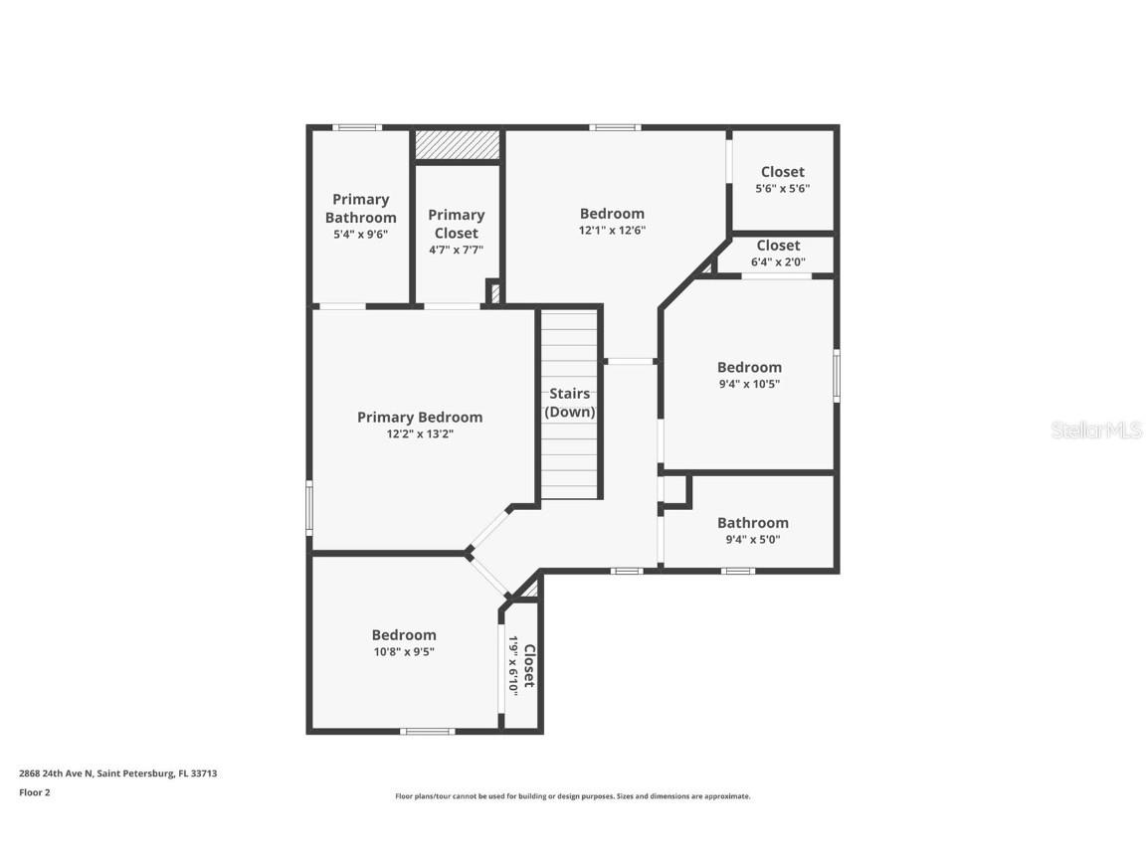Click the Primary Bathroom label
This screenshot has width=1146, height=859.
(x=360, y=209)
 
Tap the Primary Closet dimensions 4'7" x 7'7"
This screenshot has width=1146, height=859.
(x=456, y=250)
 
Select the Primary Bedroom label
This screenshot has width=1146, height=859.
(x=420, y=418)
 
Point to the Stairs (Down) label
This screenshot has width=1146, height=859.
(x=570, y=403)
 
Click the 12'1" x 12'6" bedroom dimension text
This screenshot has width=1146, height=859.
(x=612, y=231)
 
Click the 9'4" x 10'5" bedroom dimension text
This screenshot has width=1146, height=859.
(x=749, y=384)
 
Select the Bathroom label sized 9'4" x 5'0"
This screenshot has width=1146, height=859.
(x=752, y=523)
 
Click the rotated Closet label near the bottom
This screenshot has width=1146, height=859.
(x=529, y=665)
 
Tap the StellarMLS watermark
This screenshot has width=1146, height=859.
(x=1097, y=430)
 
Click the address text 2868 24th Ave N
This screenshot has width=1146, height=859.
(x=117, y=773)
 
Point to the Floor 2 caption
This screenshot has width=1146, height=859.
(x=34, y=792)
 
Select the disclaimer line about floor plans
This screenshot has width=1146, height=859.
(x=573, y=796)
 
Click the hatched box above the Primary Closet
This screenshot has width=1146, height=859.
(x=457, y=144)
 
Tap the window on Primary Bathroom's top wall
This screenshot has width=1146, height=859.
(x=357, y=127)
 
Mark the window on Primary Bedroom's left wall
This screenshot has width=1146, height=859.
(x=309, y=507)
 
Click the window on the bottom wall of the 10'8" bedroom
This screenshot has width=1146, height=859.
(x=428, y=732)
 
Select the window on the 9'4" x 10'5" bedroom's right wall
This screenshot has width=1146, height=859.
(x=837, y=375)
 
